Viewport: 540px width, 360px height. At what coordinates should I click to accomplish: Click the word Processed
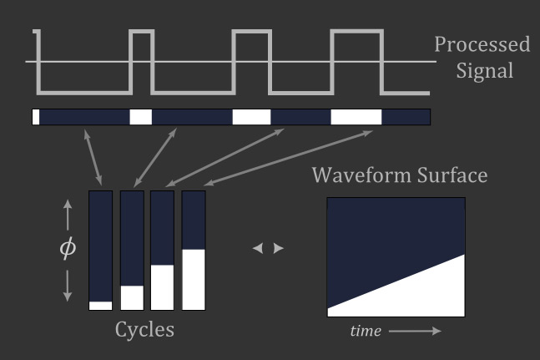click(x=482, y=44)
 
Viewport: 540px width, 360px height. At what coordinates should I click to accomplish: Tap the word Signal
click(x=485, y=70)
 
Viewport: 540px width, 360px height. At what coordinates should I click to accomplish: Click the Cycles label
click(x=144, y=329)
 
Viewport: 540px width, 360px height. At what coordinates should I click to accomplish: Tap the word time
click(x=366, y=331)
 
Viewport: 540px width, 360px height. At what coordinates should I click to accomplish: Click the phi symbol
click(x=68, y=250)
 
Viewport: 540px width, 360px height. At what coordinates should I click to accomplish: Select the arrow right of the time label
click(x=414, y=331)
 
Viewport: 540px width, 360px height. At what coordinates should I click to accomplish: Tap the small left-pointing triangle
click(x=257, y=249)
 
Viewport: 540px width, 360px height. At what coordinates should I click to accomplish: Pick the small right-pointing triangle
click(x=279, y=249)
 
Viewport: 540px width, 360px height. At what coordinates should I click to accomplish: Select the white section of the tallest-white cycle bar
click(x=194, y=279)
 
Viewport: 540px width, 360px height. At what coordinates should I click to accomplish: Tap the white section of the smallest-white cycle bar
click(x=100, y=306)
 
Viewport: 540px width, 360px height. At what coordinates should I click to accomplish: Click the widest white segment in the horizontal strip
click(x=356, y=117)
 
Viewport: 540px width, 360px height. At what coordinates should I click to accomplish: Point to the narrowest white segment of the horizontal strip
click(x=36, y=117)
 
